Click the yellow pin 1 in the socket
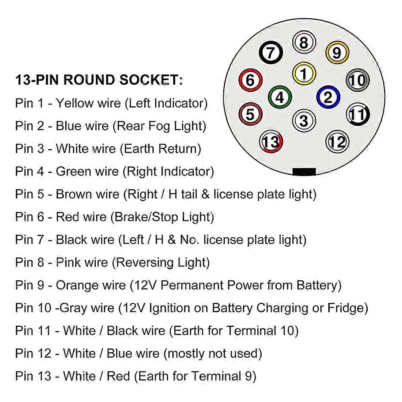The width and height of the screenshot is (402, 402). (304, 73)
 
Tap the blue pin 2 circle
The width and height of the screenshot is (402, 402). (328, 97)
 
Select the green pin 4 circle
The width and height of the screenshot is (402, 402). (280, 97)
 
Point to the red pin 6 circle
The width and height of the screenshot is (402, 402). (250, 80)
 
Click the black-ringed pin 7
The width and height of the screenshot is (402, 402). (270, 53)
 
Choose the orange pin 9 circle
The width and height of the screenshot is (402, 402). (337, 53)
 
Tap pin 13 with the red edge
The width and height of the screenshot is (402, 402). (271, 142)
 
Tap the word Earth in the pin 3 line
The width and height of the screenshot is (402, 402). (140, 149)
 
